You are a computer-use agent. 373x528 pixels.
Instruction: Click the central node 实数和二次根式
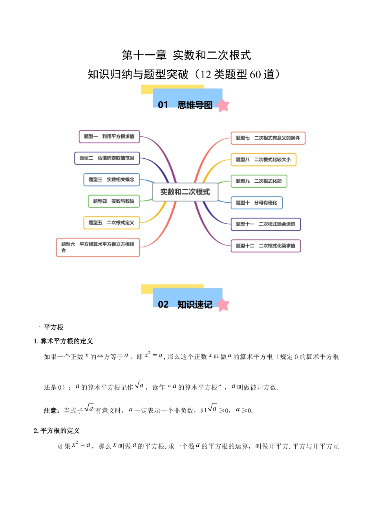pyautogui.click(x=185, y=192)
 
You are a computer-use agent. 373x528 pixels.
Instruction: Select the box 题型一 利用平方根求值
pyautogui.click(x=109, y=137)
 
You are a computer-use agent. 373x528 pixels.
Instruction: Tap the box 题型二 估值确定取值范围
pyautogui.click(x=107, y=158)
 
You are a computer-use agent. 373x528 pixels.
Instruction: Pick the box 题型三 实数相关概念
pyautogui.click(x=112, y=180)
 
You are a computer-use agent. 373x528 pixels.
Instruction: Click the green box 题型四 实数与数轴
pyautogui.click(x=114, y=201)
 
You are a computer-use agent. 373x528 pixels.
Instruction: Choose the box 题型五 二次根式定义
pyautogui.click(x=112, y=223)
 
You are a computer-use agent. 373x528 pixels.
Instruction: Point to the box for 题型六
pyautogui.click(x=98, y=247)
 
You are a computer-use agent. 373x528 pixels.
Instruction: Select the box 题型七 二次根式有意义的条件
pyautogui.click(x=268, y=138)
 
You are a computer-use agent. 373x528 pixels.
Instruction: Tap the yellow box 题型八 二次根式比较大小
pyautogui.click(x=263, y=160)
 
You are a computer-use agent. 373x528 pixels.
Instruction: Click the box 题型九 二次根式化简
pyautogui.click(x=259, y=181)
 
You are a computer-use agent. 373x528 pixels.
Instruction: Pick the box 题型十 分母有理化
pyautogui.click(x=256, y=203)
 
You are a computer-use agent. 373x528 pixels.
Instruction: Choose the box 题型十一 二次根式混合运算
pyautogui.click(x=265, y=224)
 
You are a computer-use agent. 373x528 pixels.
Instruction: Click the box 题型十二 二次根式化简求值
pyautogui.click(x=265, y=246)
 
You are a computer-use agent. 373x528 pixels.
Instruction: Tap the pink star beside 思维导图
pyautogui.click(x=223, y=105)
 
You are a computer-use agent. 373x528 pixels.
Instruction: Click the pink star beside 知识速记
pyautogui.click(x=223, y=305)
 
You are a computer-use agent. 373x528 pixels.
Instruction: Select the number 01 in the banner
pyautogui.click(x=163, y=105)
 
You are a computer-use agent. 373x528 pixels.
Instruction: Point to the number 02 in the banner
pyautogui.click(x=163, y=304)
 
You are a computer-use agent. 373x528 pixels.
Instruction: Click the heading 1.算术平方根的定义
pyautogui.click(x=63, y=341)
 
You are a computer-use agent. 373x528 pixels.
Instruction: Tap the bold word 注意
pyautogui.click(x=51, y=411)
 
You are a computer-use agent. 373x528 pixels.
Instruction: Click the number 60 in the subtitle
pyautogui.click(x=255, y=74)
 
